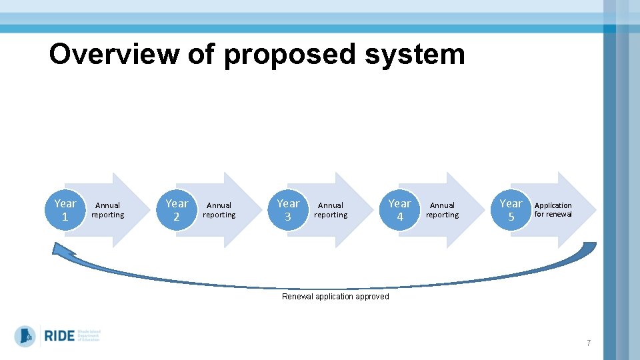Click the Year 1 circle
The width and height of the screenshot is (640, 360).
pos(65,210)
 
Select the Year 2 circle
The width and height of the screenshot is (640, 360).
pos(177,210)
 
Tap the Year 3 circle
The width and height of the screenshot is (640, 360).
pos(288,210)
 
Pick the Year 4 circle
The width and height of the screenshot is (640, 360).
pos(399,210)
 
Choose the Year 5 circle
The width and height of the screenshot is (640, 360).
pos(511,210)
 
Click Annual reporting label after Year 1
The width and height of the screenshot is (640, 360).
pos(107,210)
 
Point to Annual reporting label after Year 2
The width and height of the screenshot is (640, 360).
pos(219,210)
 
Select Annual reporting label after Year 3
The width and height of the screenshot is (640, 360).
pos(331,210)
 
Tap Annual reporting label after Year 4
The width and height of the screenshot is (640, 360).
pos(442,210)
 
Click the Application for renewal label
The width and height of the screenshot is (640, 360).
pos(553,210)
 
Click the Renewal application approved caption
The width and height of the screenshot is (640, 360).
pos(335,297)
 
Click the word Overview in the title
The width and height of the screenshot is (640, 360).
pos(113,54)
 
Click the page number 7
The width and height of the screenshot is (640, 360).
pos(589,343)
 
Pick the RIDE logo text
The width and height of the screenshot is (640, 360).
pos(59,336)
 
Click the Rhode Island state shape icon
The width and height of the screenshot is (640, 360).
pos(25,336)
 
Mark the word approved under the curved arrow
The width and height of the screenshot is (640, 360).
pos(372,297)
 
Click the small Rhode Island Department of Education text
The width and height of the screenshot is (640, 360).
pos(89,336)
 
